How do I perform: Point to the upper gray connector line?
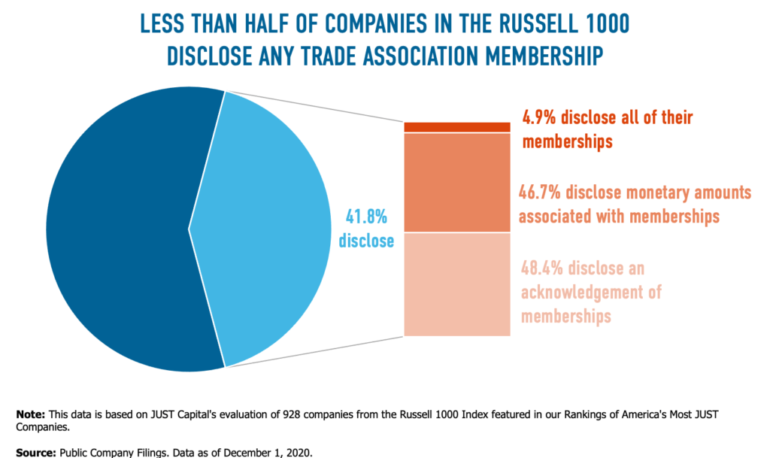click(316, 106)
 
